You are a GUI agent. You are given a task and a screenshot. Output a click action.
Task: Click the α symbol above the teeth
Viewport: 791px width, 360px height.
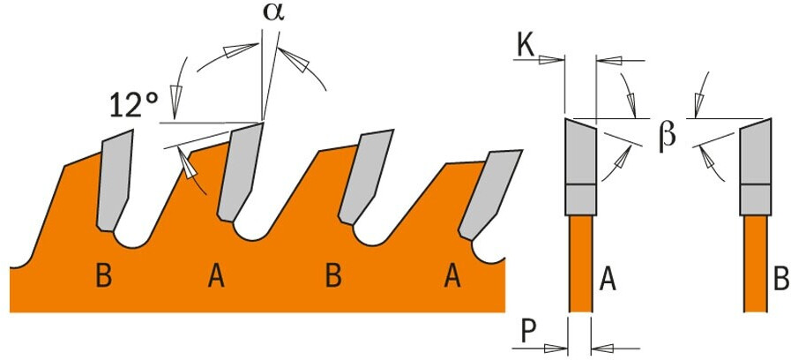coord(273,12)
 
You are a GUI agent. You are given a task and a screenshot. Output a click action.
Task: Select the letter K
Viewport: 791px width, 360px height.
coord(526,48)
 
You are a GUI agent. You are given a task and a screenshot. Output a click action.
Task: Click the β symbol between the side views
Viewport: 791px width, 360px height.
coord(667,137)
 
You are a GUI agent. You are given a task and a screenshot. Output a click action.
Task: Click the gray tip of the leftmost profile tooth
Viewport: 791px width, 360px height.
coord(115,181)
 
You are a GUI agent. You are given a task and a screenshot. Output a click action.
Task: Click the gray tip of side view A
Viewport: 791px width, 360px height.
coord(581,166)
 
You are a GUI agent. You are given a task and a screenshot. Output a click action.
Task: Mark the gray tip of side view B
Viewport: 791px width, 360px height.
coord(755,166)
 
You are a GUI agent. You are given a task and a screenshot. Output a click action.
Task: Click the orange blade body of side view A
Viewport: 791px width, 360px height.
coord(580,264)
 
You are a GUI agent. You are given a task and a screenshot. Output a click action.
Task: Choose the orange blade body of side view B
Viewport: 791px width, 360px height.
coord(755,264)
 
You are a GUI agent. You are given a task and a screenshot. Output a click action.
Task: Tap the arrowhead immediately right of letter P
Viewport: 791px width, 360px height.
coord(556,349)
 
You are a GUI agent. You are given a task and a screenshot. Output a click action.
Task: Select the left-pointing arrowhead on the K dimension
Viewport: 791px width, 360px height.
coord(609,61)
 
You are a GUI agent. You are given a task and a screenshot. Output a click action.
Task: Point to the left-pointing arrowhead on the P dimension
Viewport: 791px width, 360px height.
coord(603,349)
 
